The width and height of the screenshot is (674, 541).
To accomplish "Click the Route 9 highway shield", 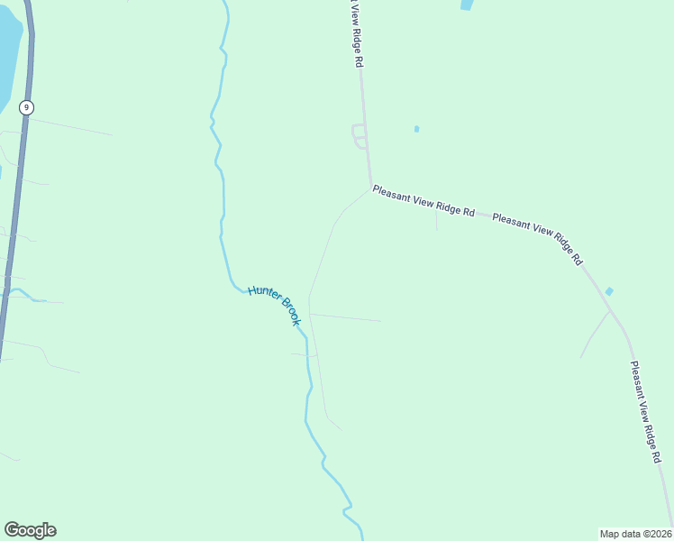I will pyautogui.click(x=27, y=107).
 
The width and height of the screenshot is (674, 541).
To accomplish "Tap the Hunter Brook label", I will pyautogui.click(x=273, y=305).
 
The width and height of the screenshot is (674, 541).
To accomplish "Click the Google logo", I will pyautogui.click(x=30, y=530).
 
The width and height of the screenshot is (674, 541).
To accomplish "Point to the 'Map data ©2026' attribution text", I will pyautogui.click(x=635, y=534).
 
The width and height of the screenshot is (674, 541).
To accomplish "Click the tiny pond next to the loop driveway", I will pyautogui.click(x=416, y=129).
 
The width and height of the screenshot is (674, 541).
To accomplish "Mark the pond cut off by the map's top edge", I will pyautogui.click(x=467, y=5).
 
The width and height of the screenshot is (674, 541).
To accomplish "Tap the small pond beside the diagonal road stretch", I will pyautogui.click(x=609, y=291).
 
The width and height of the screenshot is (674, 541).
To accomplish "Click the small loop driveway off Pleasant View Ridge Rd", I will pyautogui.click(x=359, y=136).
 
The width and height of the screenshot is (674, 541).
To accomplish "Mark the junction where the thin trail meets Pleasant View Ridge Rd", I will pyautogui.click(x=370, y=189).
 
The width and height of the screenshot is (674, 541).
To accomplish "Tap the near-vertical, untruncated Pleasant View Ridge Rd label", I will pyautogui.click(x=646, y=412).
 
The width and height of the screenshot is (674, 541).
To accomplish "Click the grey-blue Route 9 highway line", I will pyautogui.click(x=16, y=225).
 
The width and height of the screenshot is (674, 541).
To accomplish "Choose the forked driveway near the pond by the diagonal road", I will pyautogui.click(x=595, y=332).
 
